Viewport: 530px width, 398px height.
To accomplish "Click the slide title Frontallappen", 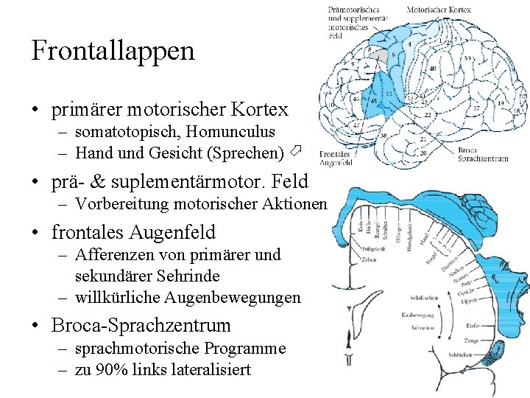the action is pos(113,51).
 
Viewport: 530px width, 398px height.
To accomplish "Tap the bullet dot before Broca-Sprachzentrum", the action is pos(35,326).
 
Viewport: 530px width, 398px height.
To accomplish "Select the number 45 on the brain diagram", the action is pos(374,101).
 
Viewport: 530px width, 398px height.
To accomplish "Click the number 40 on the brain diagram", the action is pos(432,69).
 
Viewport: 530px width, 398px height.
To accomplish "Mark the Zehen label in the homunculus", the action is pos(370,259).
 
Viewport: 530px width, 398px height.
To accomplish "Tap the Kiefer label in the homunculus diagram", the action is pos(473,325).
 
